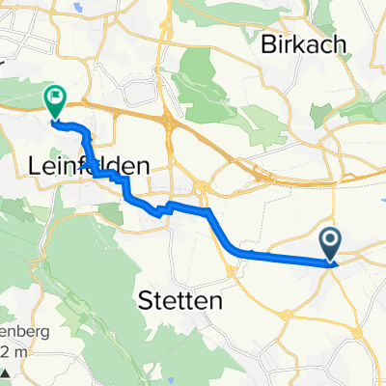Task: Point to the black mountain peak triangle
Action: point(6,373)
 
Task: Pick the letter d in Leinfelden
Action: point(124,166)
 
